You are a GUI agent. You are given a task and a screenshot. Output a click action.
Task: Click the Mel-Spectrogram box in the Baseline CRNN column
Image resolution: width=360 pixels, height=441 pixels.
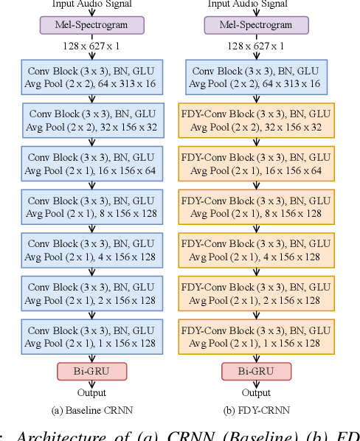click(91, 26)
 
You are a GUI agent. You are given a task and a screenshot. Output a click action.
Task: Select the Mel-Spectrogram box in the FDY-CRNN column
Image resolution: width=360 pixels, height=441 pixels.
click(256, 26)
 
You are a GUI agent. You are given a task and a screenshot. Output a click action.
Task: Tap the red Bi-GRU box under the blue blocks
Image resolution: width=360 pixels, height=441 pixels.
click(91, 371)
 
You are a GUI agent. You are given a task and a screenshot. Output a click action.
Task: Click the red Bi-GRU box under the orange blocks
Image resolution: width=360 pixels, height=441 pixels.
click(256, 371)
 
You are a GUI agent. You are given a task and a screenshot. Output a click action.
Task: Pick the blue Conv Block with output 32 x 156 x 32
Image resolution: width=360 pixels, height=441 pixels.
click(91, 121)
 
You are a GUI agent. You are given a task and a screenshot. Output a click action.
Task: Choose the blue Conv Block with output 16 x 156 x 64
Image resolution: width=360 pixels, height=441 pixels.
click(91, 164)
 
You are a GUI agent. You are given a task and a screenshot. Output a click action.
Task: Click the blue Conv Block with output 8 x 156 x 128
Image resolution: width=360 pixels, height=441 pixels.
click(91, 207)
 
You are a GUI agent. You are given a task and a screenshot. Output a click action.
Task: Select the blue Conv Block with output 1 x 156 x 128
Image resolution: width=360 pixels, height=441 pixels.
click(91, 336)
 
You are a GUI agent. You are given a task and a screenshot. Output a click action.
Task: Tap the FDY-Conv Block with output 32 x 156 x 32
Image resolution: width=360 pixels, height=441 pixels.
click(256, 121)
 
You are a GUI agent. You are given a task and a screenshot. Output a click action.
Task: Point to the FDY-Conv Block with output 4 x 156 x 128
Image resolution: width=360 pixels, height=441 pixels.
click(256, 250)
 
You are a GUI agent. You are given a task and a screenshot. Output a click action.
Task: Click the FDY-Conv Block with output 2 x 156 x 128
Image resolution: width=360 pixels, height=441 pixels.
click(256, 294)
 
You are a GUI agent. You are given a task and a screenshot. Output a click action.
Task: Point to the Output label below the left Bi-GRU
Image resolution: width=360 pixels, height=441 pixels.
click(91, 393)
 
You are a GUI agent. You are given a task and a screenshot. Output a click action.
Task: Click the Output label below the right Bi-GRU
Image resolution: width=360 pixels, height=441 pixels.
click(256, 393)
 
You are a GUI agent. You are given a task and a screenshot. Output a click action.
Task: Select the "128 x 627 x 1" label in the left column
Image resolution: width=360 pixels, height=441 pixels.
click(91, 46)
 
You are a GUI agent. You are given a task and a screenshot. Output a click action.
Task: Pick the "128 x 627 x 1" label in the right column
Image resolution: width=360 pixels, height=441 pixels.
click(256, 46)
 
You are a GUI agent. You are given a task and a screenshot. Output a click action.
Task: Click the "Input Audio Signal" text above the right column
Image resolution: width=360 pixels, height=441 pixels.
click(256, 4)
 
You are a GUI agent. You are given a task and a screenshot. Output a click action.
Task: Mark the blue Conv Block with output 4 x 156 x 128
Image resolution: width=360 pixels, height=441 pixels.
click(91, 250)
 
